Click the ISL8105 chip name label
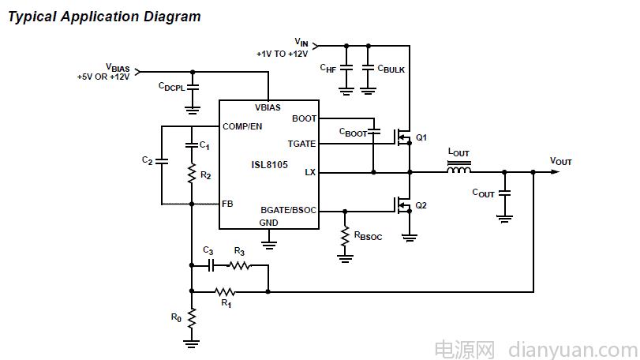coord(269,165)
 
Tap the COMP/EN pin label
coord(242,126)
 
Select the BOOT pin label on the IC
coord(304,118)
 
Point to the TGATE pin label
coord(302,144)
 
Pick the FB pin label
coord(228,204)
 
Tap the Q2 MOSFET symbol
coord(404,205)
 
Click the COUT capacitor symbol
coord(506,193)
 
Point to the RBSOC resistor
coord(345,236)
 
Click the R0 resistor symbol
coord(192,317)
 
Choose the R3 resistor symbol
coord(239,266)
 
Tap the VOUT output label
coord(560,161)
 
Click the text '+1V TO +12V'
coord(281,54)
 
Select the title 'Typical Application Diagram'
coord(103,17)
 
